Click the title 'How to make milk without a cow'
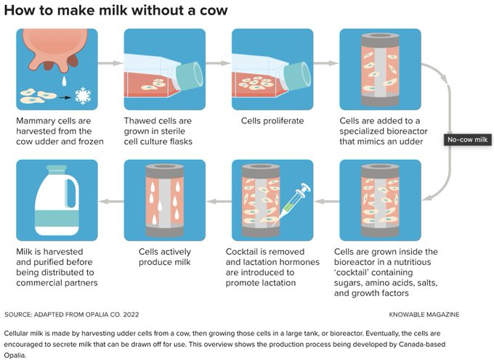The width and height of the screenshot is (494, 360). click(x=116, y=10)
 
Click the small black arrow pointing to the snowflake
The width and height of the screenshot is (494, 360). click(x=64, y=96)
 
